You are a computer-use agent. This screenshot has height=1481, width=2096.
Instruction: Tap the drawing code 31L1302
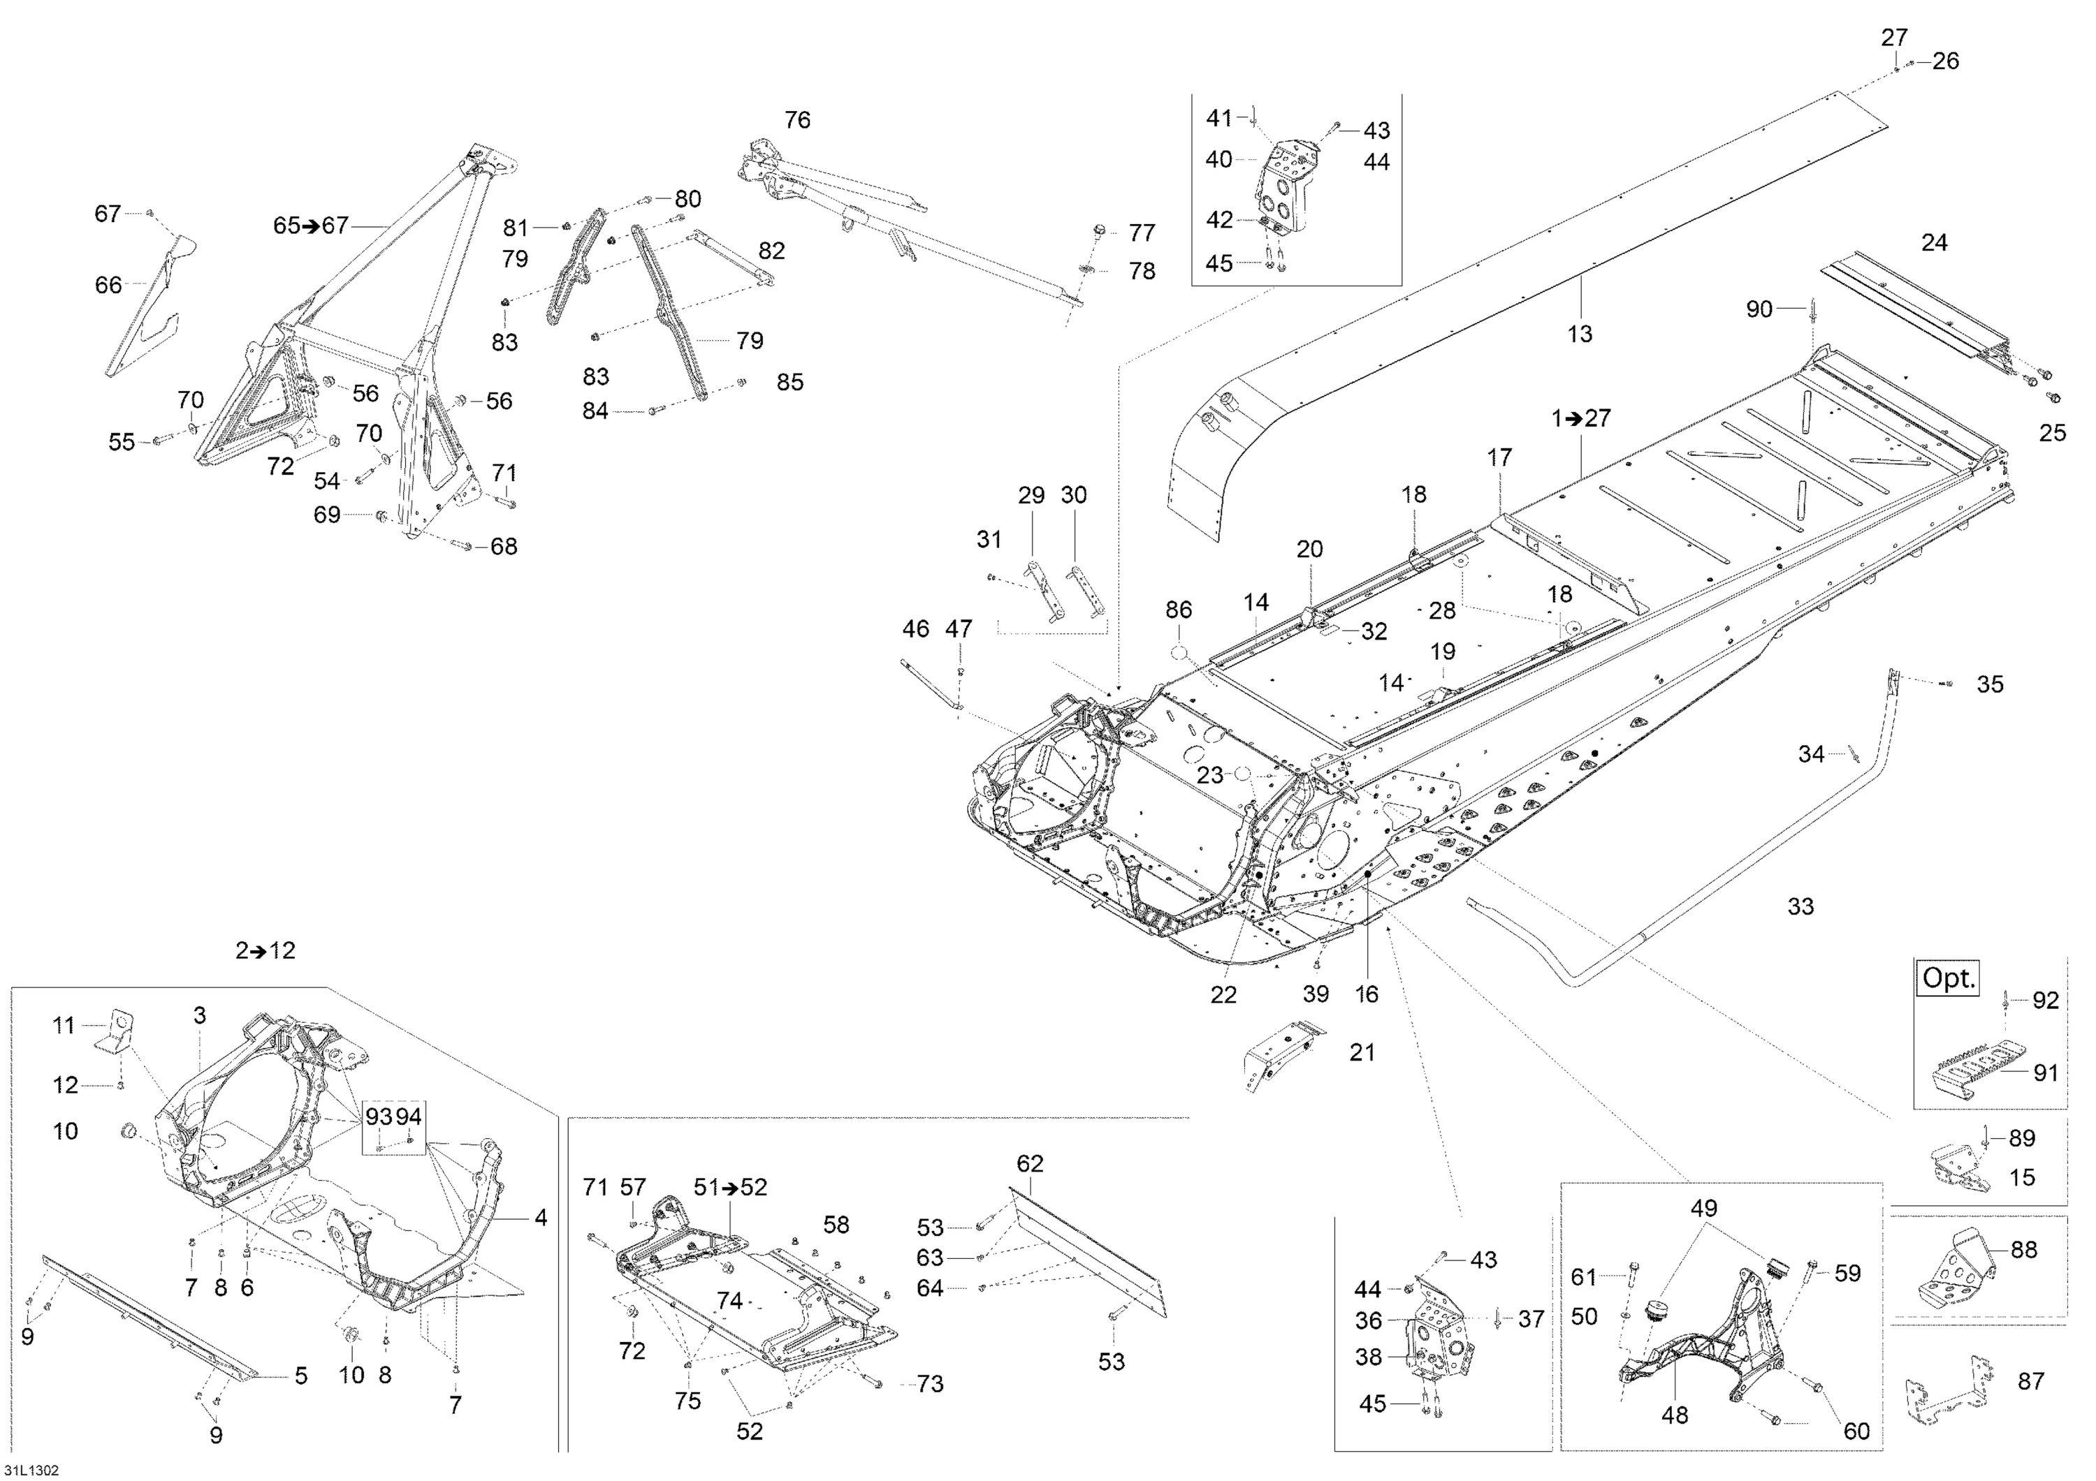[x=31, y=1470]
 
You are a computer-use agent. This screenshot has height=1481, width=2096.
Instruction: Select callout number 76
[x=797, y=119]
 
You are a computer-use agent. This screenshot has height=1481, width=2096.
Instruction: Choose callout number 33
[x=1800, y=906]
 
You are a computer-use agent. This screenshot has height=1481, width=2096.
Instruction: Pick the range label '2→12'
[x=265, y=951]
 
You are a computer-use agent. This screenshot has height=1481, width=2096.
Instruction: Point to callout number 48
[x=1674, y=1415]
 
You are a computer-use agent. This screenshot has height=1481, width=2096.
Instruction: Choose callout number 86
[x=1179, y=610]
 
